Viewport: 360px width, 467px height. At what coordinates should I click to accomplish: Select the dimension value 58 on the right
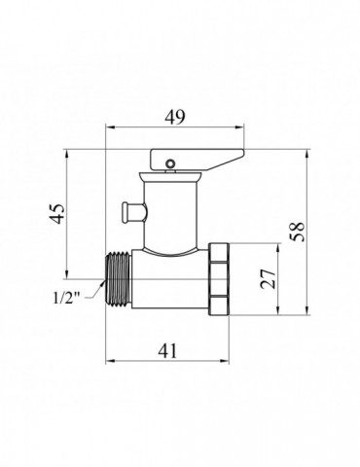[x=300, y=231]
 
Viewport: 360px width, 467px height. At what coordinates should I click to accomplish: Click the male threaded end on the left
[x=119, y=279]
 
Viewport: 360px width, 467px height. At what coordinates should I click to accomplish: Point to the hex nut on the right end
[x=224, y=279]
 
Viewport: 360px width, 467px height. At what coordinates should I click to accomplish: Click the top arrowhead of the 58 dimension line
[x=310, y=149]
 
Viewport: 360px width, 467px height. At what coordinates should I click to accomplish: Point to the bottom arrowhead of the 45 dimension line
[x=67, y=275]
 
